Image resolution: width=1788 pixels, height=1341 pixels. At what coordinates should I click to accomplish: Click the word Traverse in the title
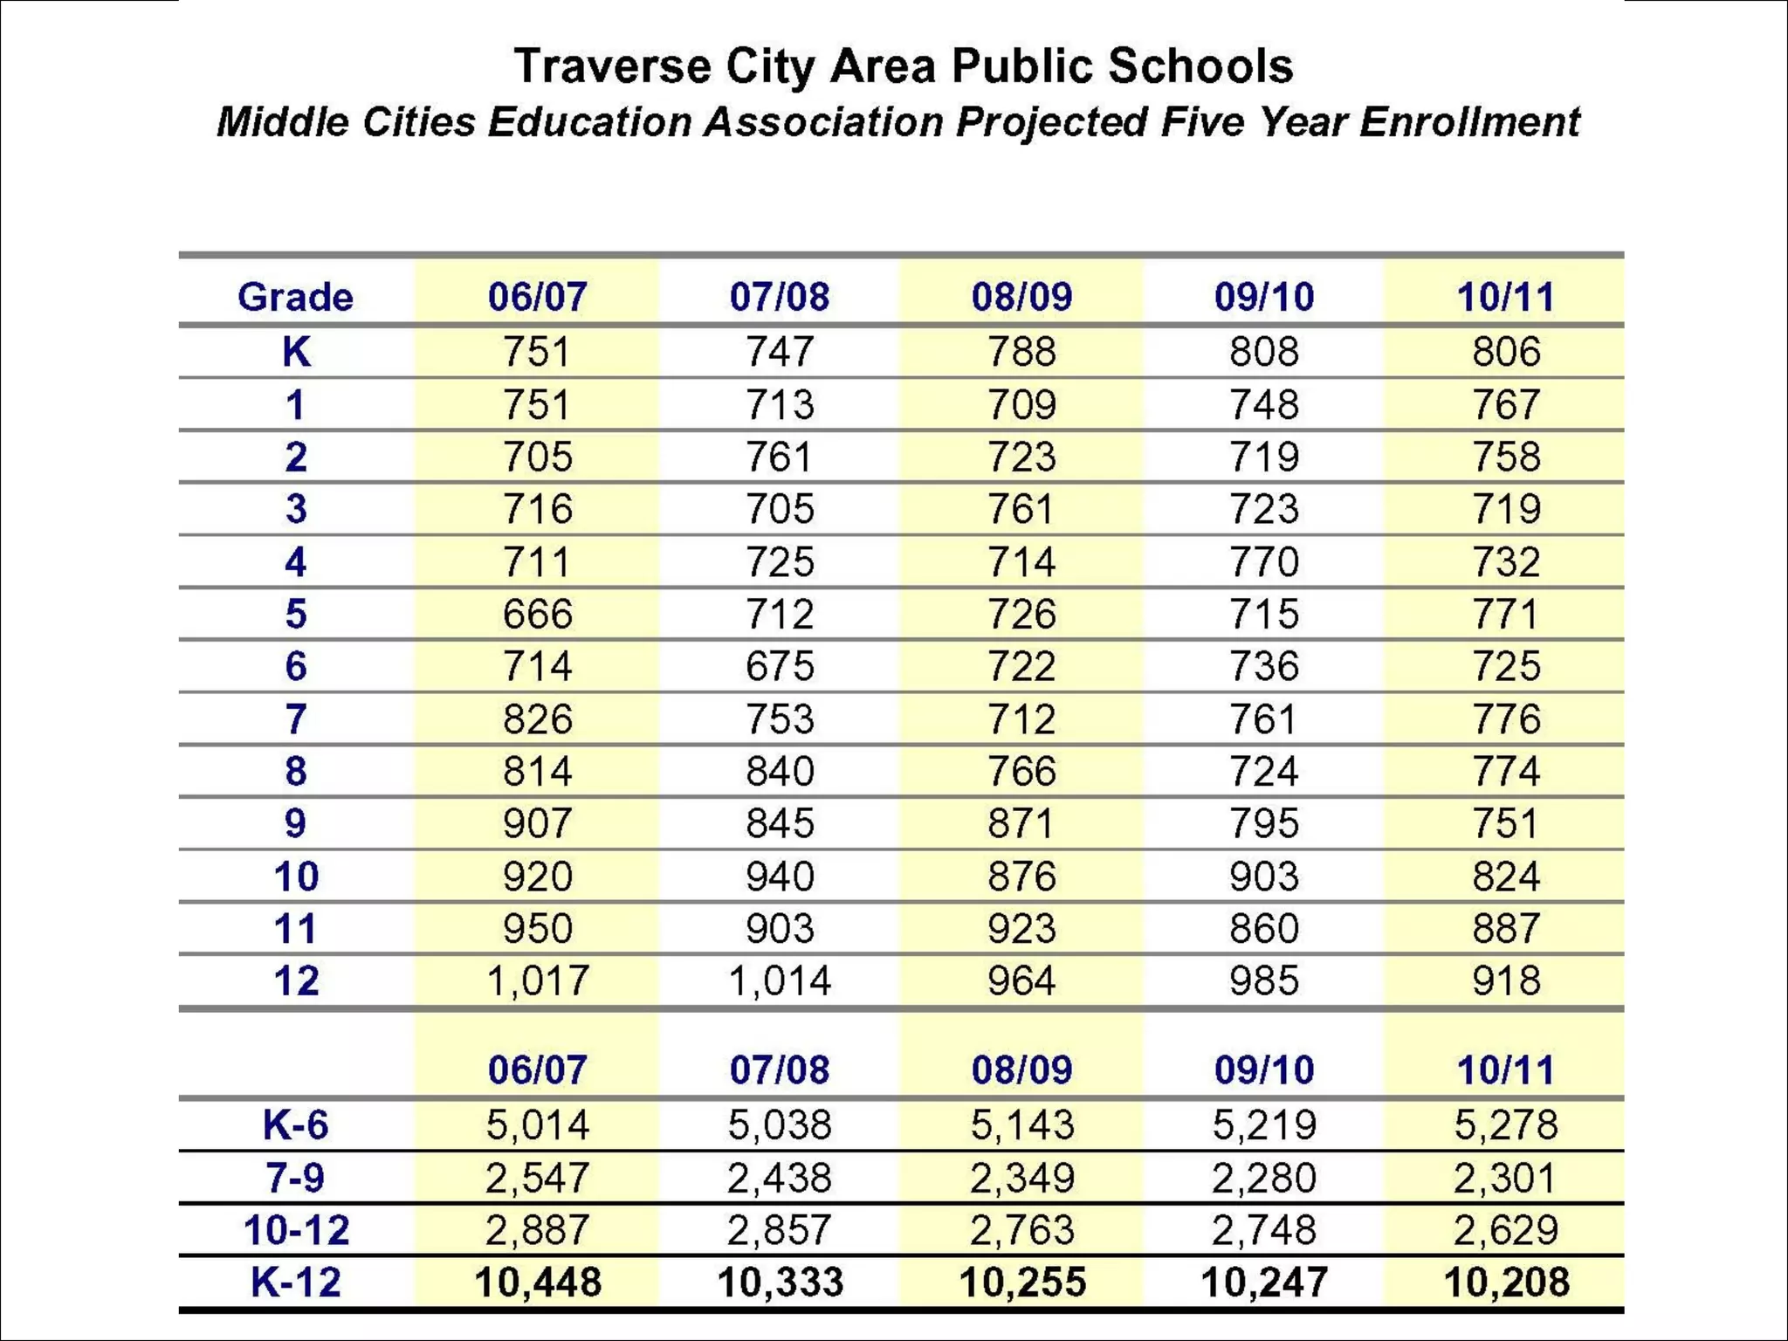[x=612, y=67]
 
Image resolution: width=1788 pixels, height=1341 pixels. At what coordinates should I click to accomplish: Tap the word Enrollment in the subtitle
[x=1470, y=122]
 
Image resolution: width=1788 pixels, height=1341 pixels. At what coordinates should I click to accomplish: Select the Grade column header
[x=295, y=298]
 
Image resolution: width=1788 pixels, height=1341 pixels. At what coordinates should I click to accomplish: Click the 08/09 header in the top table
[x=1021, y=298]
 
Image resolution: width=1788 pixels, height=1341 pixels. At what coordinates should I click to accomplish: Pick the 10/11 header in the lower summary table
[x=1505, y=1070]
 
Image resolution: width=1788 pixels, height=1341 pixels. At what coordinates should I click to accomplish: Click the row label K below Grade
[x=295, y=352]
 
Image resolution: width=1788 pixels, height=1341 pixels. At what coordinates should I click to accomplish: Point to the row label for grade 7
[x=295, y=719]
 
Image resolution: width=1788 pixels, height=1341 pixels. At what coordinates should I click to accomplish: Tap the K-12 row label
[x=295, y=1283]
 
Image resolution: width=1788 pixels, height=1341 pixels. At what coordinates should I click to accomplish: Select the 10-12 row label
[x=295, y=1230]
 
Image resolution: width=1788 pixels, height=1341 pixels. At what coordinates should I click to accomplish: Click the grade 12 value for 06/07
[x=537, y=980]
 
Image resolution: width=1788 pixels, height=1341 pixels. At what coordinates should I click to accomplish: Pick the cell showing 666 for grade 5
[x=537, y=614]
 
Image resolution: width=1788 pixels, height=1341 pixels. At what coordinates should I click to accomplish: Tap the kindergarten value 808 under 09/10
[x=1263, y=352]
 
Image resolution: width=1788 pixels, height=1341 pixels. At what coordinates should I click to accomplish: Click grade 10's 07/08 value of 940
[x=779, y=876]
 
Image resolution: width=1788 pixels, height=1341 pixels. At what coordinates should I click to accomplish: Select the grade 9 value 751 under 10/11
[x=1505, y=823]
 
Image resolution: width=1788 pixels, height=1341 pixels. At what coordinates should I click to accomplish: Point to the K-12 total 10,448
[x=537, y=1283]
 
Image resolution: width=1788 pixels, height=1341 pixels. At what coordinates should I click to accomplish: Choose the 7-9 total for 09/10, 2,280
[x=1263, y=1178]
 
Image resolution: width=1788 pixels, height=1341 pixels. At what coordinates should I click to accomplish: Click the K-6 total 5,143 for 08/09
[x=1021, y=1124]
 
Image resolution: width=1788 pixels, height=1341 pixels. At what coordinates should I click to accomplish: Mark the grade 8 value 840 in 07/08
[x=779, y=772]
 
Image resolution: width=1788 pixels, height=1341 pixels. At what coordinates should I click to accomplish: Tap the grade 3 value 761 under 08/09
[x=1021, y=509]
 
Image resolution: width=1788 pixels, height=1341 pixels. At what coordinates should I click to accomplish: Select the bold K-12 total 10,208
[x=1505, y=1283]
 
